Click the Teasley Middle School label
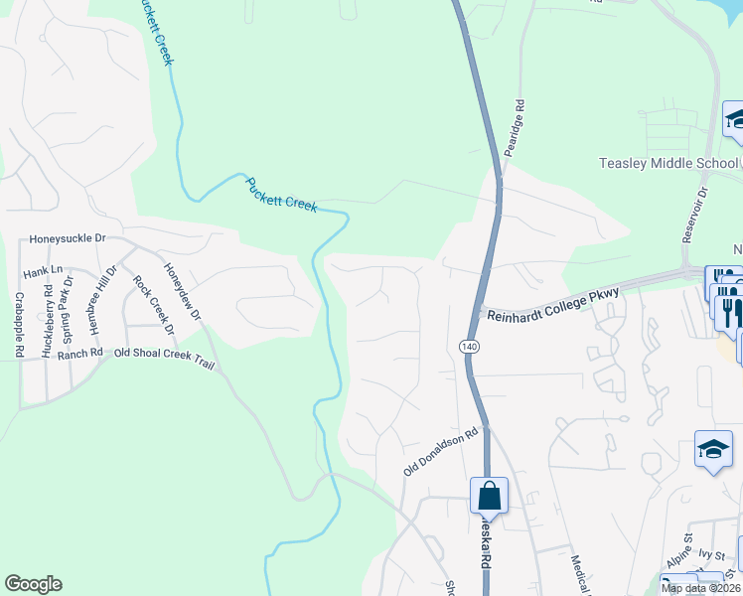669,163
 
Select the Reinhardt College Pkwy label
551,302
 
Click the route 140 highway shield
469,346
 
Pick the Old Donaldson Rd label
441,452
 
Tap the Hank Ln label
43,270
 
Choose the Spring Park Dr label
69,302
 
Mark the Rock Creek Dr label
153,305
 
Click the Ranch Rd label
80,354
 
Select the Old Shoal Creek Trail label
164,354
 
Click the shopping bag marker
489,495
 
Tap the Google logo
33,584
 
